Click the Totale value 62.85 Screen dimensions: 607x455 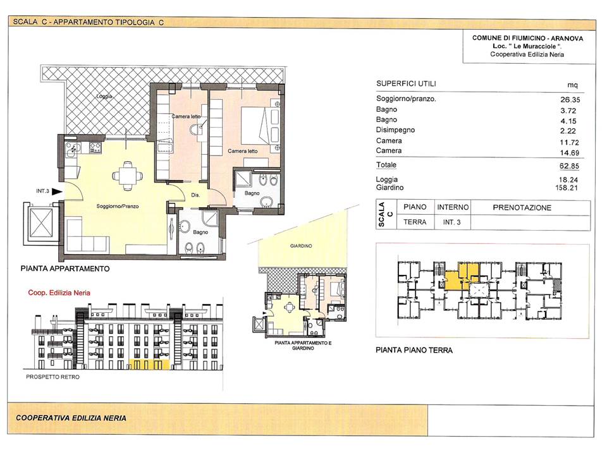click(x=569, y=166)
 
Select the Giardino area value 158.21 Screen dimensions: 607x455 click(x=567, y=188)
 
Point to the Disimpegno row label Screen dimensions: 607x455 click(x=395, y=130)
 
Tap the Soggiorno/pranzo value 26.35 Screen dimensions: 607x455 click(x=570, y=99)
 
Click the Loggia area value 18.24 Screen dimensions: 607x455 click(x=568, y=179)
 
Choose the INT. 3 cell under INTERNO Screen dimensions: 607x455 click(x=451, y=222)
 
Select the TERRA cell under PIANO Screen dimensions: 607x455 click(x=415, y=222)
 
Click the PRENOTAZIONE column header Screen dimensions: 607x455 click(x=522, y=208)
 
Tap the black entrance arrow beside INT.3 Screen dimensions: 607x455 click(x=57, y=191)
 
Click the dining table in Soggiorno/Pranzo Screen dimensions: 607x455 click(x=126, y=176)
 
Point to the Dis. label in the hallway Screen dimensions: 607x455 click(x=195, y=195)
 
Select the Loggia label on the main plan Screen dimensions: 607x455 click(x=104, y=96)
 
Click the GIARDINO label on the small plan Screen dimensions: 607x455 click(x=301, y=246)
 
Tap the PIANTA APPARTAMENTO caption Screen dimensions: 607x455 click(x=65, y=269)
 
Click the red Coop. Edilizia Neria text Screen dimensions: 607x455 click(x=59, y=293)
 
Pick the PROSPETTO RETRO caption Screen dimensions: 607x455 click(x=52, y=377)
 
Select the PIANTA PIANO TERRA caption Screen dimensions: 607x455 click(x=414, y=350)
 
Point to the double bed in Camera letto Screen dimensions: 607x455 click(x=255, y=125)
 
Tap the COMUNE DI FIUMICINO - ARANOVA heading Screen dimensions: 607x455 click(x=527, y=39)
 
